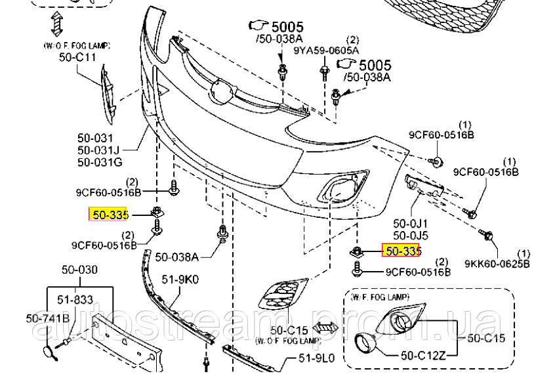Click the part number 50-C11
coord(77,57)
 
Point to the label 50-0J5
coord(411,236)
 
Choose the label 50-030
coord(79,269)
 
